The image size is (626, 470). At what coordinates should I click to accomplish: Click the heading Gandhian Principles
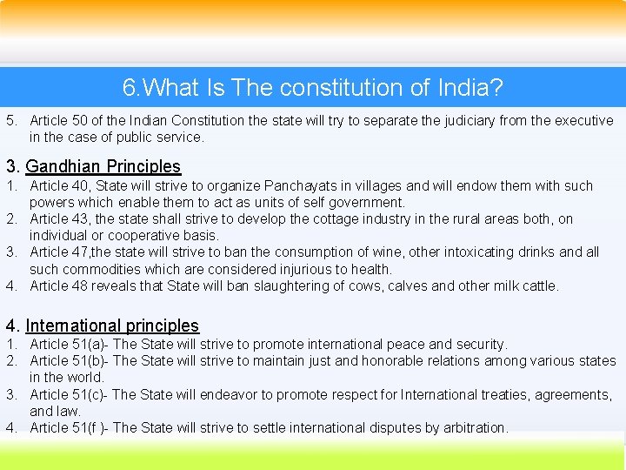tap(103, 166)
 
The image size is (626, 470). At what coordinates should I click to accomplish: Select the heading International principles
tap(112, 326)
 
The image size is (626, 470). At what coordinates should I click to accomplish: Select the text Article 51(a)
tap(68, 345)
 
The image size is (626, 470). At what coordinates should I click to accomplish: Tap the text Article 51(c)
tap(68, 394)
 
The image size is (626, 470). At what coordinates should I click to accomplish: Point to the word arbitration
tap(472, 427)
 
